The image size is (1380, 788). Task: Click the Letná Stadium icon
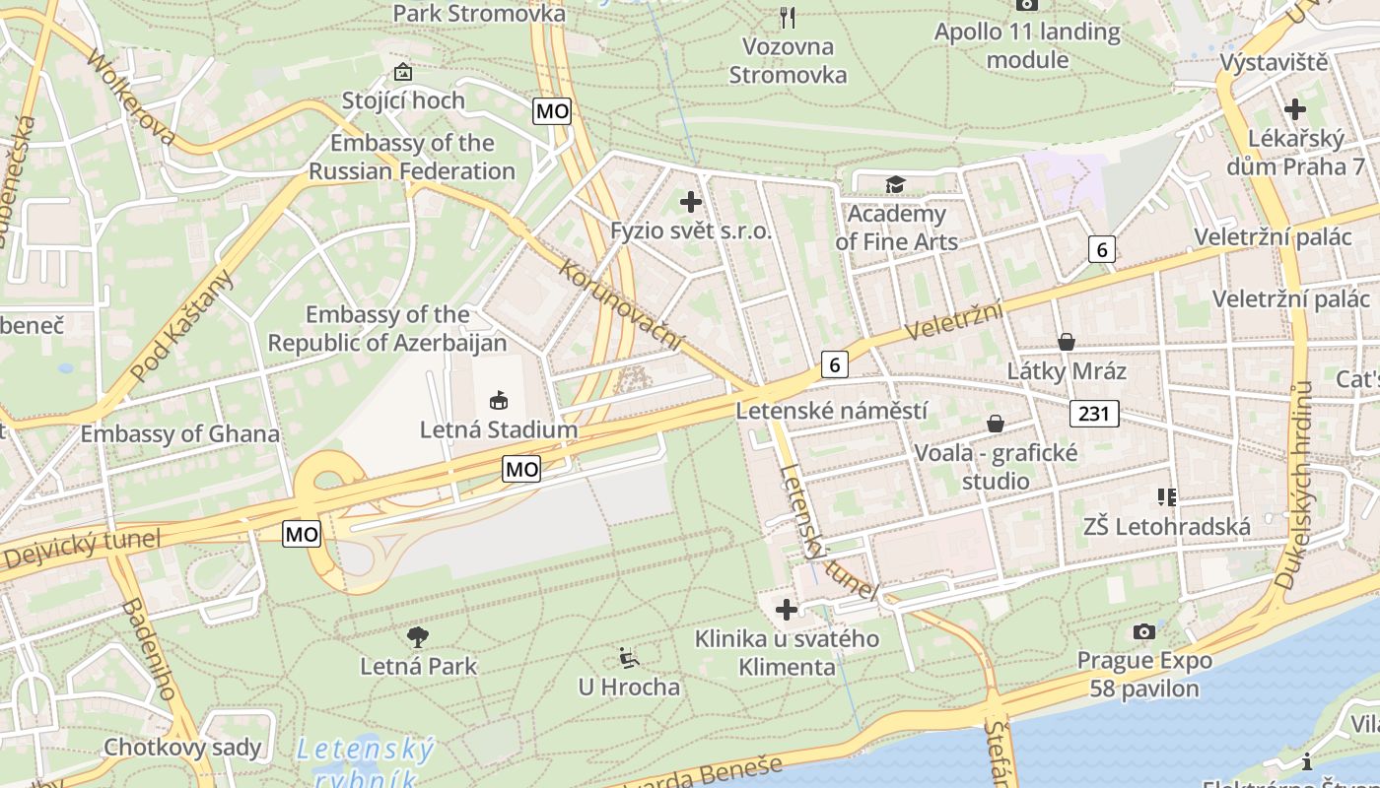pyautogui.click(x=499, y=400)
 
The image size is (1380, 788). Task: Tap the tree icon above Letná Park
pyautogui.click(x=418, y=637)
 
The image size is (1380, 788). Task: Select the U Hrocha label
pyautogui.click(x=629, y=687)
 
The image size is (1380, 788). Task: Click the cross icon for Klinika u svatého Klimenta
pyautogui.click(x=787, y=610)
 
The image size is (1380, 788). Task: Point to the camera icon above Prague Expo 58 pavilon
pyautogui.click(x=1144, y=631)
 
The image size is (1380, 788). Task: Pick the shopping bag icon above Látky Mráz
pyautogui.click(x=1066, y=342)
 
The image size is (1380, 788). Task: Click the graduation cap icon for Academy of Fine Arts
pyautogui.click(x=895, y=184)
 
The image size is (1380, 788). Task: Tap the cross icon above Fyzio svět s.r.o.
pyautogui.click(x=691, y=202)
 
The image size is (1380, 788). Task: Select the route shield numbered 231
pyautogui.click(x=1094, y=413)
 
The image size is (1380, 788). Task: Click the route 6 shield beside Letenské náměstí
pyautogui.click(x=834, y=364)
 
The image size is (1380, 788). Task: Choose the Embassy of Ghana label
pyautogui.click(x=180, y=433)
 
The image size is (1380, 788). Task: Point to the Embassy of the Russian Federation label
pyautogui.click(x=412, y=157)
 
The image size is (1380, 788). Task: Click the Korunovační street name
pyautogui.click(x=622, y=304)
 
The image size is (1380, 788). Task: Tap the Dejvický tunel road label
pyautogui.click(x=81, y=551)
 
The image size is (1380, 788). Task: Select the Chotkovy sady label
pyautogui.click(x=183, y=747)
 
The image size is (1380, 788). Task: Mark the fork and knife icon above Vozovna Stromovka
pyautogui.click(x=787, y=17)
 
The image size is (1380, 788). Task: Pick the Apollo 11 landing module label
pyautogui.click(x=1027, y=45)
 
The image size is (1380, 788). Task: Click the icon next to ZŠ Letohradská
pyautogui.click(x=1167, y=496)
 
